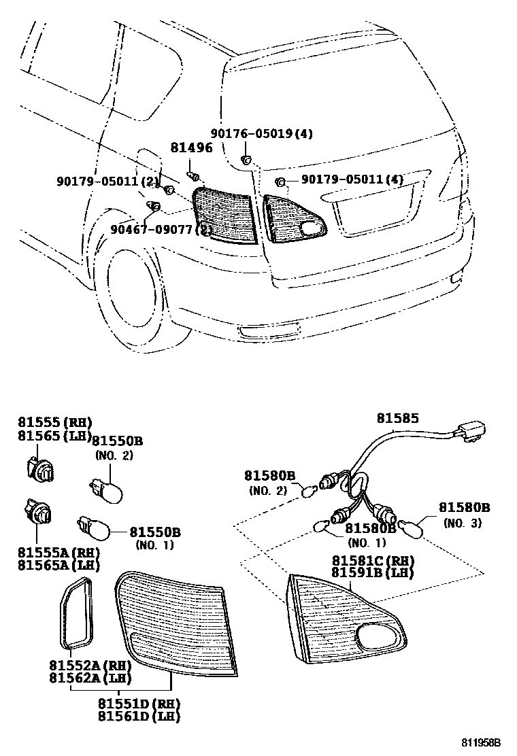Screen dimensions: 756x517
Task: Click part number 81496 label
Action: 190,148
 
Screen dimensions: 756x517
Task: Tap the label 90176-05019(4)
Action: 261,134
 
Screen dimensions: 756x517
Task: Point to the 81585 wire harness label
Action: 398,419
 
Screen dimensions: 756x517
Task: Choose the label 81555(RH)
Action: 54,423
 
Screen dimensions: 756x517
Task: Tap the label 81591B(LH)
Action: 373,572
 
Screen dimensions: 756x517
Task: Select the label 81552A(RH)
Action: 90,666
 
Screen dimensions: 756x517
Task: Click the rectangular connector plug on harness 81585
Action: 473,432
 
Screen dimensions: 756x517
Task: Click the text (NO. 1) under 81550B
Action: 154,545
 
